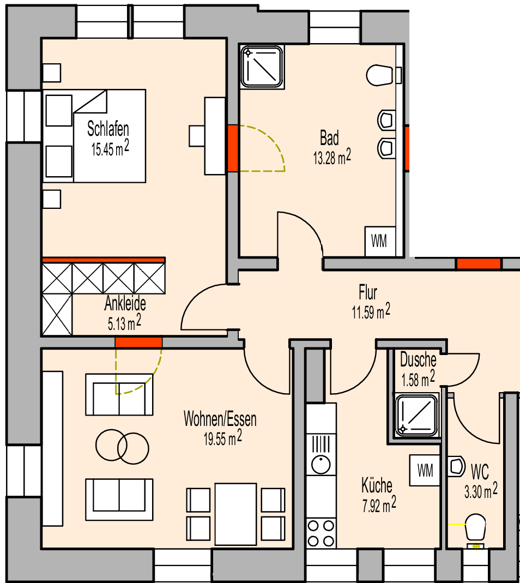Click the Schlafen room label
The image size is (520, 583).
pos(108,129)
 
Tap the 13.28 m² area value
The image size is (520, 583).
pos(331,158)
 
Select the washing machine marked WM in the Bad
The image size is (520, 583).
pos(379,241)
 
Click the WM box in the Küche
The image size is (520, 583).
pos(425,469)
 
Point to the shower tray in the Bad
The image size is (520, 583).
pos(263,66)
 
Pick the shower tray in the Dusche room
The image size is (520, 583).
pos(417,416)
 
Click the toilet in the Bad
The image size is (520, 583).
pos(381,75)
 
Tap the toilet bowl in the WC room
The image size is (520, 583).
pos(475,527)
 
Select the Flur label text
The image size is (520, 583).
pos(368,293)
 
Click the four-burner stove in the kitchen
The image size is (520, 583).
pos(321,533)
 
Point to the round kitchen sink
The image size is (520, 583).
pos(321,465)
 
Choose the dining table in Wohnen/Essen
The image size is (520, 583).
pos(235,514)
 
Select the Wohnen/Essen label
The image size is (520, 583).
pos(220,419)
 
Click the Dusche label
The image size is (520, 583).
pos(418,360)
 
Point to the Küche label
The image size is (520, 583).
pos(377,485)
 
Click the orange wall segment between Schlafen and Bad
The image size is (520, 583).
pos(233,148)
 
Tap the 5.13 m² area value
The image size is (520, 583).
pos(125,324)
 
